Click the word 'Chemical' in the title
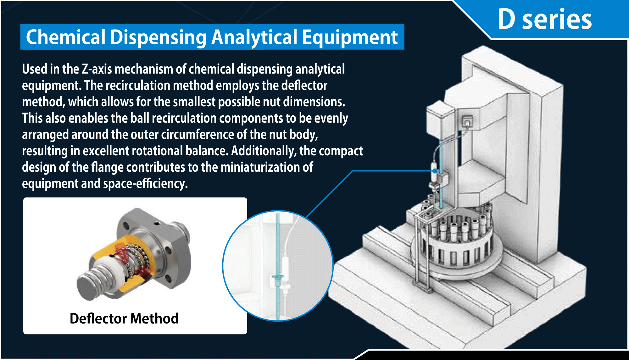65,37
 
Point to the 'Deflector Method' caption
124,318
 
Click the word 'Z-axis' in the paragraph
97,69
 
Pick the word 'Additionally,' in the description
264,151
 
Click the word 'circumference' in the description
197,135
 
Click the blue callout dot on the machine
435,171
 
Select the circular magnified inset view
278,266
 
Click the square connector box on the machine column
467,121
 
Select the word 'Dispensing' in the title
158,37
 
